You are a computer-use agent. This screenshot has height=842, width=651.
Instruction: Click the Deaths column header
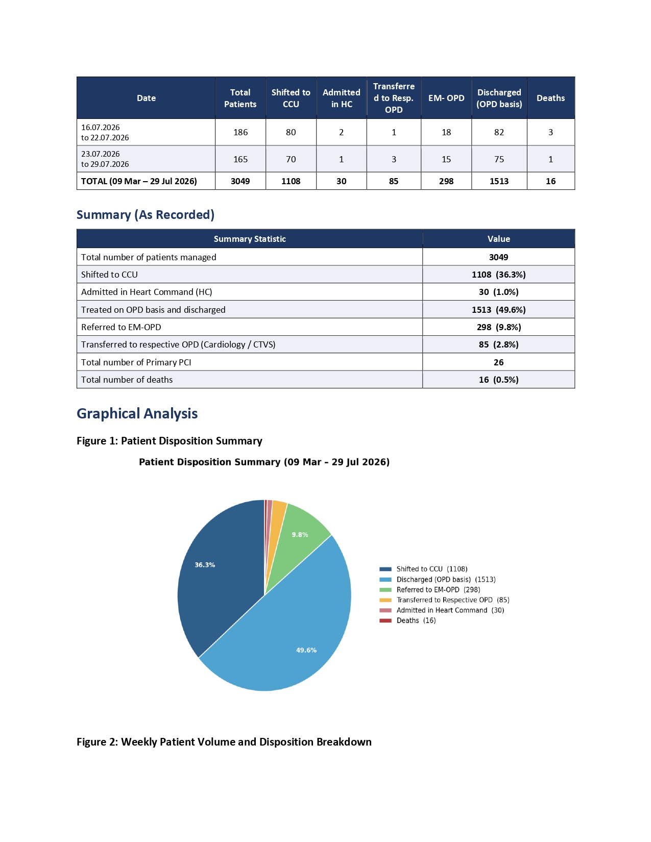[x=550, y=98]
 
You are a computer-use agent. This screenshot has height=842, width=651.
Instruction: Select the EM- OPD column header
[x=446, y=98]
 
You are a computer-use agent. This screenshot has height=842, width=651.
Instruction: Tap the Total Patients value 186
[x=240, y=132]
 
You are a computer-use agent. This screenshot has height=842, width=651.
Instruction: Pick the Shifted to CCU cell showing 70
[x=291, y=159]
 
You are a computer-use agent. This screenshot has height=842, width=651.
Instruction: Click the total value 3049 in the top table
[x=240, y=181]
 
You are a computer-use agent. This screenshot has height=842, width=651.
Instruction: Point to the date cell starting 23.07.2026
[x=105, y=159]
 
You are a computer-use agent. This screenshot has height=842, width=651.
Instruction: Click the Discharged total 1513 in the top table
[x=499, y=181]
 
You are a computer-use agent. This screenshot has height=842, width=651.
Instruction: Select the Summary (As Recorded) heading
[x=146, y=215]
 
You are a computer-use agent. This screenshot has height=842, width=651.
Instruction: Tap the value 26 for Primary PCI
[x=499, y=362]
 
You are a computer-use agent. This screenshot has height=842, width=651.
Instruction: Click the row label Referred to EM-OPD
[x=121, y=327]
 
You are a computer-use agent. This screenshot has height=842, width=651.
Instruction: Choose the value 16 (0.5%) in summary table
[x=499, y=380]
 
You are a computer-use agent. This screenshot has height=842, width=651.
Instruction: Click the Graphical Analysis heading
[x=137, y=413]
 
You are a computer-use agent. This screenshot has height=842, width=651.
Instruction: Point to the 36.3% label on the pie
[x=205, y=565]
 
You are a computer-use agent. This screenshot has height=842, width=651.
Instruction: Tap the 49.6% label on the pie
[x=306, y=650]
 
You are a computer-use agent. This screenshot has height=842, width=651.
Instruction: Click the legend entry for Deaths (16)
[x=407, y=621]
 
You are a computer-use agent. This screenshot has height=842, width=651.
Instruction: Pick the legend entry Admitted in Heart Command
[x=442, y=610]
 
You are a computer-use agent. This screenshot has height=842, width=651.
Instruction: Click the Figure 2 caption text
[x=224, y=741]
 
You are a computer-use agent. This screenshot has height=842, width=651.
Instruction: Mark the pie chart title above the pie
[x=264, y=462]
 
